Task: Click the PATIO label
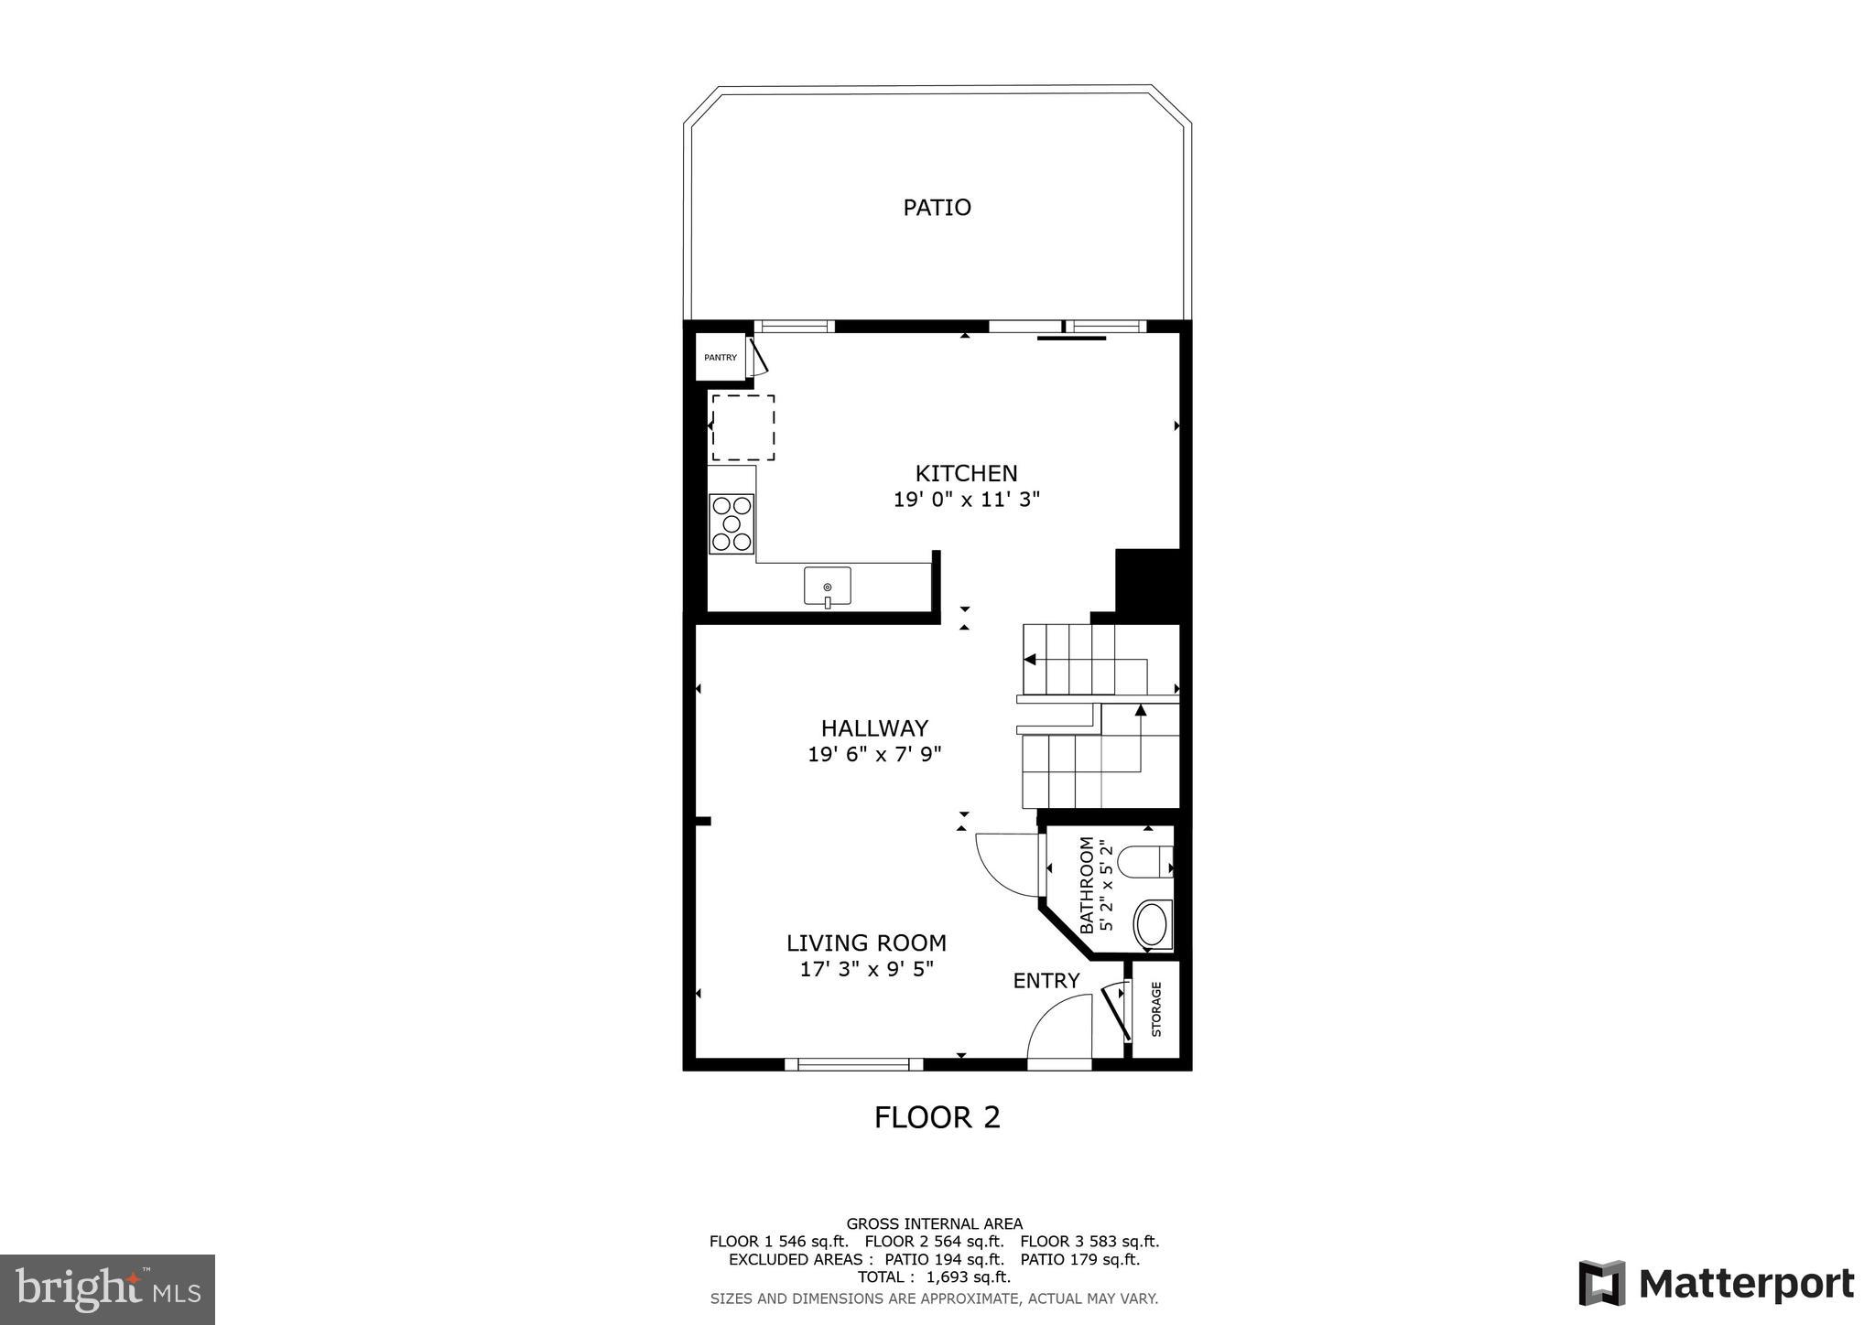pos(937,208)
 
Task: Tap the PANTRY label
pos(721,358)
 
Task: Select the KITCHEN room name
pos(966,473)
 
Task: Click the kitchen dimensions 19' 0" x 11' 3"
pos(966,500)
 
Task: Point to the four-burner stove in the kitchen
pos(732,524)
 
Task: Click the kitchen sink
pos(827,587)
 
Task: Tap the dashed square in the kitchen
pos(743,427)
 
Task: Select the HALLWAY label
pos(874,728)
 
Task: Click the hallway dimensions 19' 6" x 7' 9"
pos(874,755)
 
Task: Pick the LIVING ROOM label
pos(866,943)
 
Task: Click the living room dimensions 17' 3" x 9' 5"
pos(866,969)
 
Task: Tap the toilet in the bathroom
pos(1147,861)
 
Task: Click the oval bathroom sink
pos(1152,924)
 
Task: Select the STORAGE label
pos(1156,1009)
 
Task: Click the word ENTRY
pos(1046,981)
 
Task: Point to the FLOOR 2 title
pos(937,1117)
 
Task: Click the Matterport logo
pos(1716,1284)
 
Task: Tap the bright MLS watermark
pos(107,1289)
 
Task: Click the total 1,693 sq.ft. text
pos(934,1277)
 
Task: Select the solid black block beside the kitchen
pos(1147,584)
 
